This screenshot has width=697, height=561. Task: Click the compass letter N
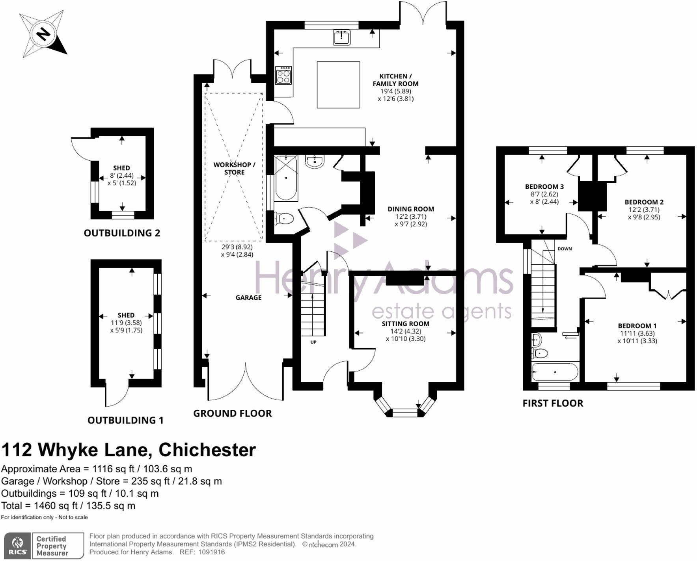coord(43,35)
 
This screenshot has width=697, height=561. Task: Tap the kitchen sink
coord(341,37)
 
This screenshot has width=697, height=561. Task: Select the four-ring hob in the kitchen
coord(284,75)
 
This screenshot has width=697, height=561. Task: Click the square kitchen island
coord(338,85)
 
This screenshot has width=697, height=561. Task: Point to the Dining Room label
coord(410,209)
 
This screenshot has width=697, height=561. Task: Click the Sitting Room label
coord(405,324)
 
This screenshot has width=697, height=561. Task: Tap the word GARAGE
coord(248,298)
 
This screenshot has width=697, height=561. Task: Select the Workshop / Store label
coord(234,169)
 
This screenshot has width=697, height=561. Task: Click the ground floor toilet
coord(285,218)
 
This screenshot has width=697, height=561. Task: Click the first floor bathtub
coord(555,372)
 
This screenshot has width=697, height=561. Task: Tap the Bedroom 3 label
coord(544,187)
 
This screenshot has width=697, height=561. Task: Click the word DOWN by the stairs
coord(565,249)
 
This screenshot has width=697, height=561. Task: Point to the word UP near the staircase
coord(313,342)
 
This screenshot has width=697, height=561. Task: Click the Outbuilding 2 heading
coord(122,233)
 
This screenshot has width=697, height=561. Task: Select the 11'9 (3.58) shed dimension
coord(126,323)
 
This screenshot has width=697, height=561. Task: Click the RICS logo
coord(18,545)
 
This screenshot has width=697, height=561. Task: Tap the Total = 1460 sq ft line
coord(68,506)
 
